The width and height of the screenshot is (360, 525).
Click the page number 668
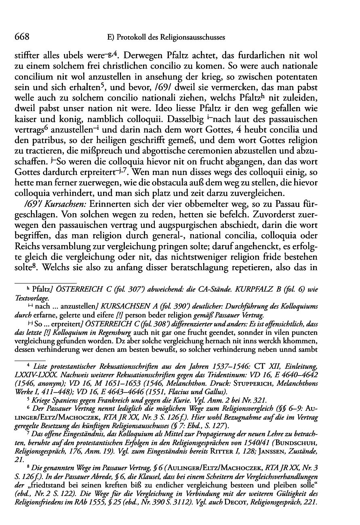pyautogui.click(x=21, y=37)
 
